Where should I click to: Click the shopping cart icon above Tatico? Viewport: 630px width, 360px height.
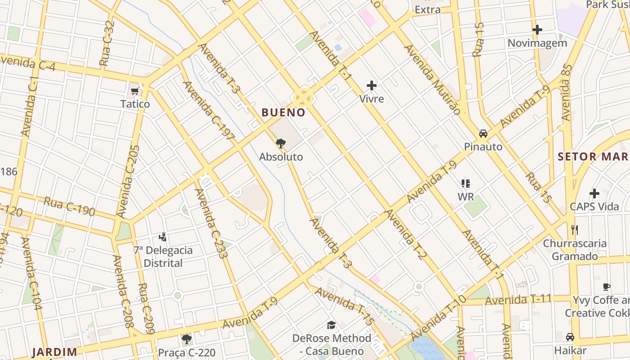[x=135, y=92]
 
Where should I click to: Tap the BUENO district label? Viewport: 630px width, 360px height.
[x=283, y=112]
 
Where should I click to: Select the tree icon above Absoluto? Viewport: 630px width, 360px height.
[x=281, y=144]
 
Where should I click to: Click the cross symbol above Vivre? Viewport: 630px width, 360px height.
[x=372, y=85]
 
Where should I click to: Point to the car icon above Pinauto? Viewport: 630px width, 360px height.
[x=483, y=134]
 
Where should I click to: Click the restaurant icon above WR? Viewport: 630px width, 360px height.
[x=466, y=183]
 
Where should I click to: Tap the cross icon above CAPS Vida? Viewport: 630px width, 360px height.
[x=594, y=193]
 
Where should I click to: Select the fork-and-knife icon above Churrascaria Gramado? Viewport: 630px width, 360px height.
[x=574, y=230]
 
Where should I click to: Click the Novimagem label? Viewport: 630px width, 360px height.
[x=537, y=43]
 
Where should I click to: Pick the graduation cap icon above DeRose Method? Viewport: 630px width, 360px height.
[x=332, y=325]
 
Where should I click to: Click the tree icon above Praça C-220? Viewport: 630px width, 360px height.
[x=186, y=339]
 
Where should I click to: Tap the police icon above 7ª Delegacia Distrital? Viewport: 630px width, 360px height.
[x=163, y=237]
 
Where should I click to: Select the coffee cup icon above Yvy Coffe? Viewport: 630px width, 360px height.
[x=607, y=287]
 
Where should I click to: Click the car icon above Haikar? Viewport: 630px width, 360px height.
[x=570, y=337]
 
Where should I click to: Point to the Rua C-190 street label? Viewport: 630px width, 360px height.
[x=69, y=207]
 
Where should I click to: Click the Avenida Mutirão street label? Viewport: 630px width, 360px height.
[x=432, y=79]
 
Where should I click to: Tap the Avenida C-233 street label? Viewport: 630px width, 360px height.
[x=211, y=223]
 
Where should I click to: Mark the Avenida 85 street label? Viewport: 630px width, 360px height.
[x=566, y=92]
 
